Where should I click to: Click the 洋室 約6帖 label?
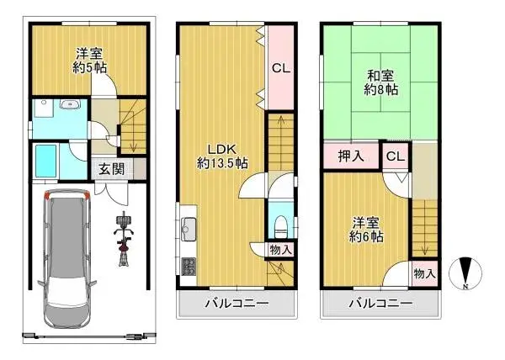tap(369, 230)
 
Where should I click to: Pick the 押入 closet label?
tap(351, 156)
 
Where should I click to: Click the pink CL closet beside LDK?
tap(280, 68)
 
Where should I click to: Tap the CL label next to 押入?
tap(395, 156)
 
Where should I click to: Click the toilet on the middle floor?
tap(280, 225)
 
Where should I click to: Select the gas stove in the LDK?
tap(186, 266)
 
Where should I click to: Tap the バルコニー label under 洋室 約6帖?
tap(381, 303)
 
